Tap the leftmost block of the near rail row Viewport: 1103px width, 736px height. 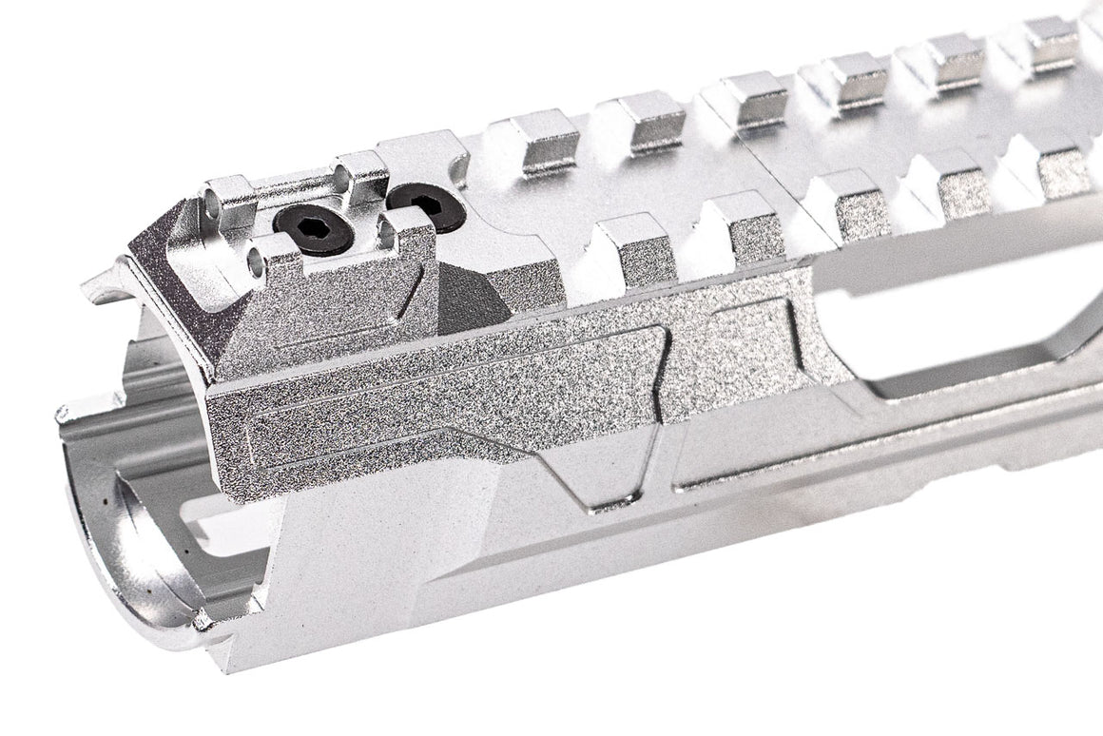(626, 245)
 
